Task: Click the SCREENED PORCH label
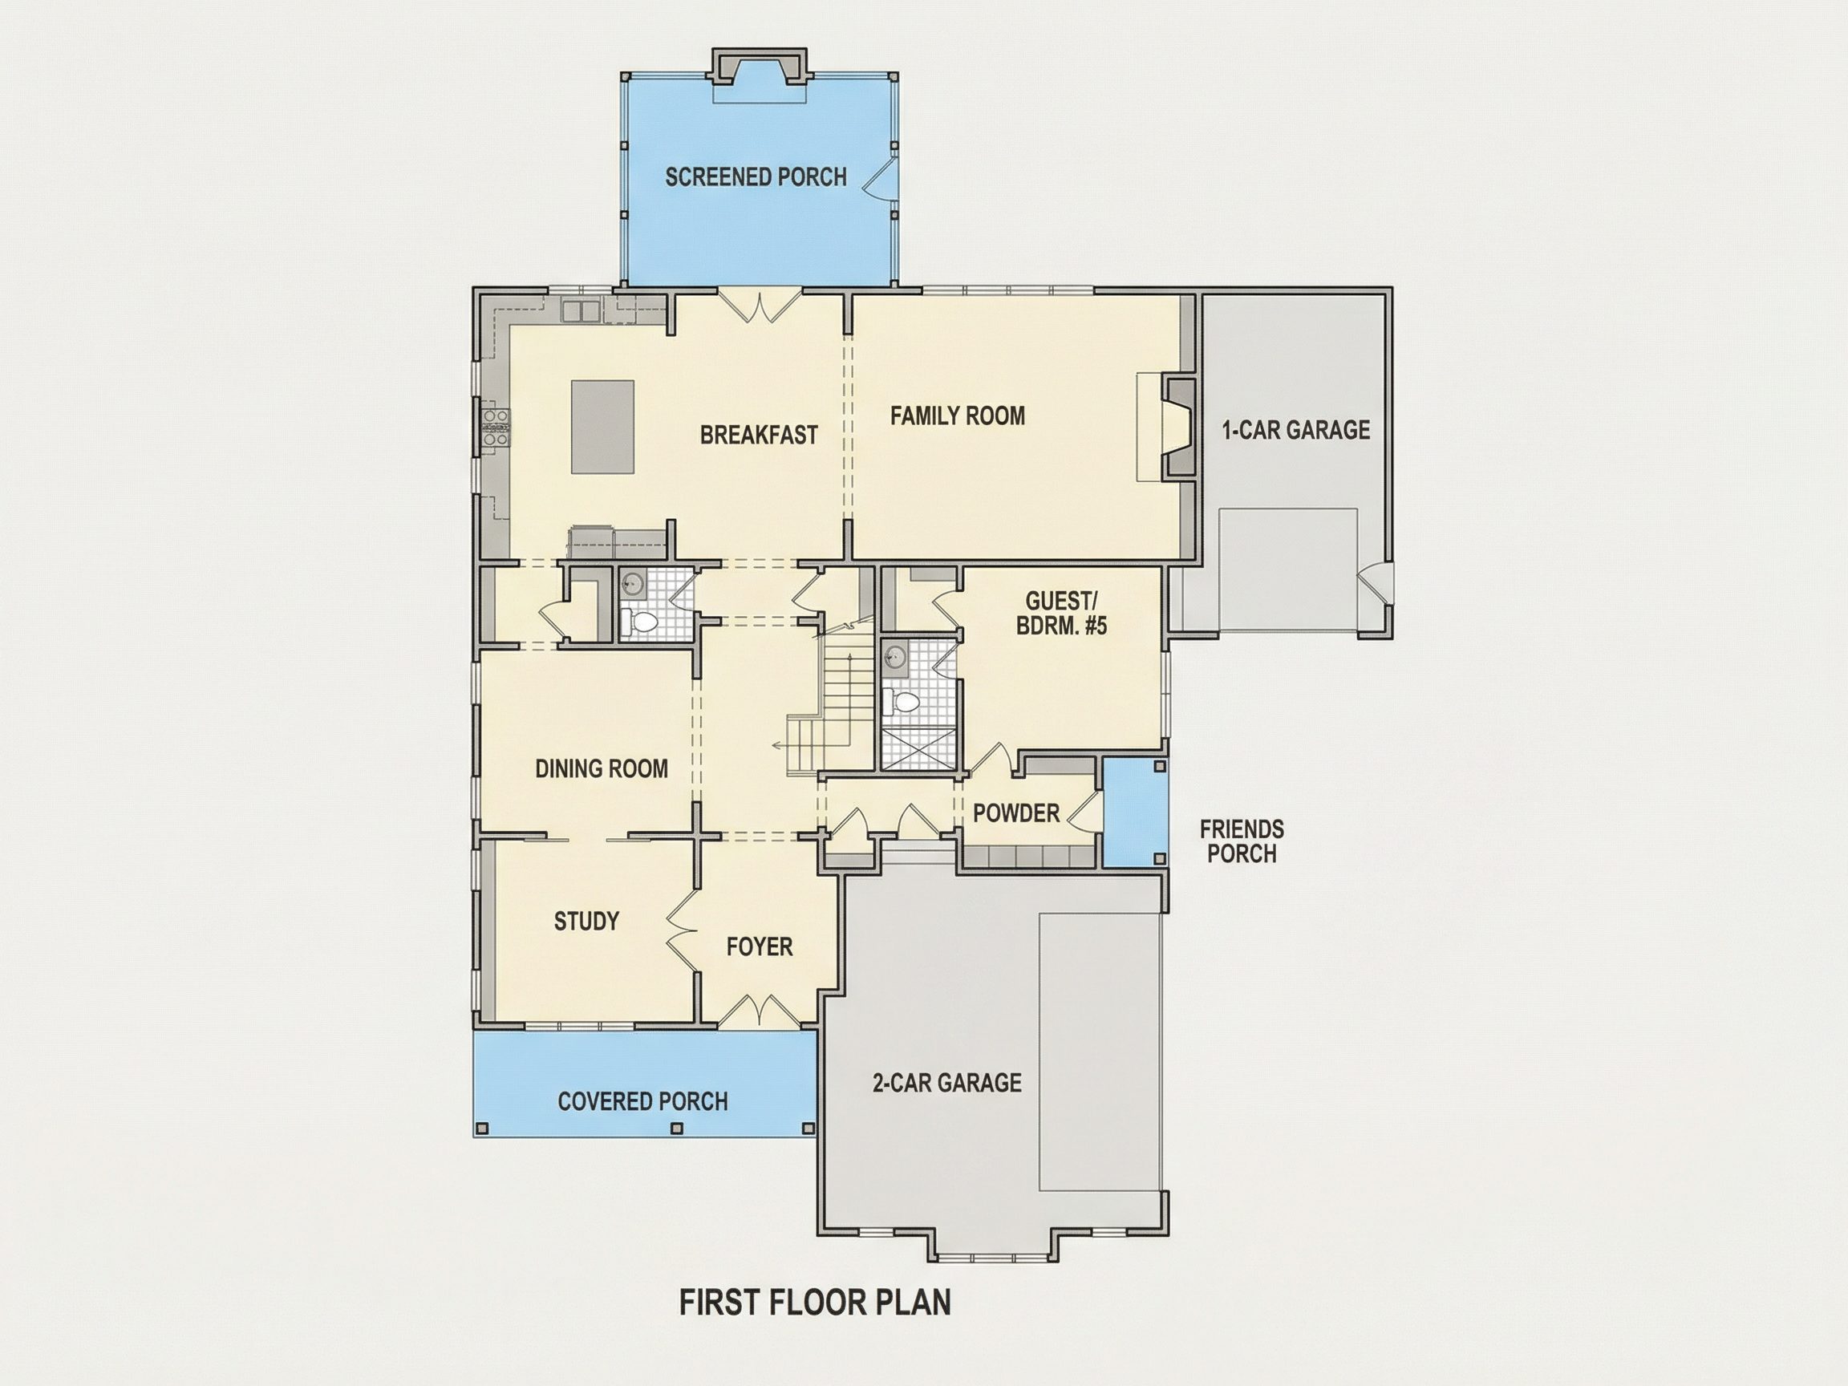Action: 756,176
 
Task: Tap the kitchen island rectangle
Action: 602,427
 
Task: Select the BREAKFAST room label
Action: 759,436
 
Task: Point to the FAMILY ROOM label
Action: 958,416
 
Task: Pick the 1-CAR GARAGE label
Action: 1296,430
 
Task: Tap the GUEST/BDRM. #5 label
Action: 1061,614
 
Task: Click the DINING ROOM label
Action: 602,768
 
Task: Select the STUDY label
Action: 586,922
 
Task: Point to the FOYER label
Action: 760,946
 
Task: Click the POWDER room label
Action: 1016,813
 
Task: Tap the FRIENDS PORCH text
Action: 1242,841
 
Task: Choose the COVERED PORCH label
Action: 642,1101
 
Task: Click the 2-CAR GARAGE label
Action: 946,1083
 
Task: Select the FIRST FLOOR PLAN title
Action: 815,1303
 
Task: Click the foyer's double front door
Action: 759,1010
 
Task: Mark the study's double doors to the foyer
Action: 681,928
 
